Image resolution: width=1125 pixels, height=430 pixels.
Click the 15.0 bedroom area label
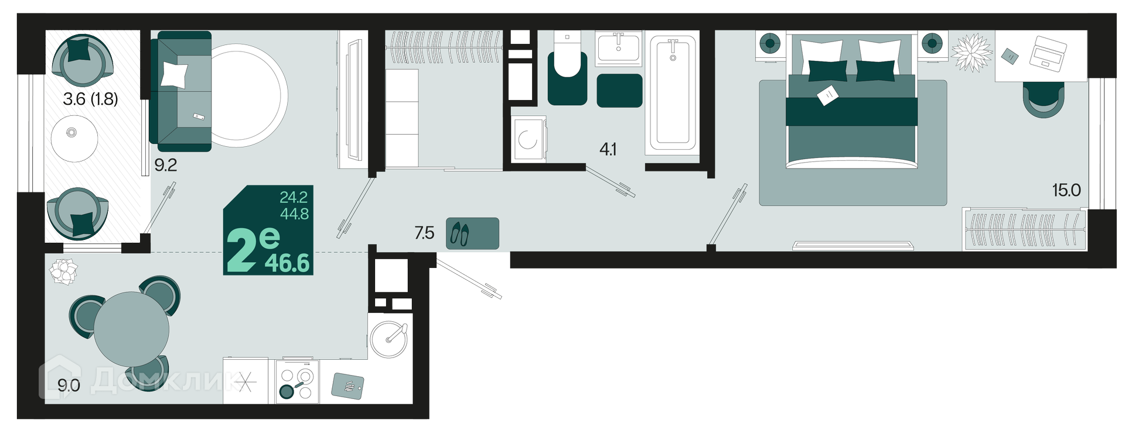[x=1066, y=190]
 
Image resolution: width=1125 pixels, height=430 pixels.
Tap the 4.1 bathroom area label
[x=608, y=150]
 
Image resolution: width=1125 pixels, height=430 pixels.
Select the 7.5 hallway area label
[x=424, y=233]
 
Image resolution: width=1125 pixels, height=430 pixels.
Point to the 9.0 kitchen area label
[x=69, y=385]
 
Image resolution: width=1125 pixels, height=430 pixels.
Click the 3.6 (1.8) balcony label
[x=90, y=99]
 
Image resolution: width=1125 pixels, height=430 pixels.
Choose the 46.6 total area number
[x=287, y=263]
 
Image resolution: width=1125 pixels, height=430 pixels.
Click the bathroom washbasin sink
[x=619, y=49]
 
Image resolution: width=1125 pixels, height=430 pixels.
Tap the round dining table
[x=131, y=329]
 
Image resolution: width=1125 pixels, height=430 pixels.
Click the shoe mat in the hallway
[x=472, y=233]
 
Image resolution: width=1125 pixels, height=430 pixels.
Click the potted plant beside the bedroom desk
[x=970, y=52]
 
